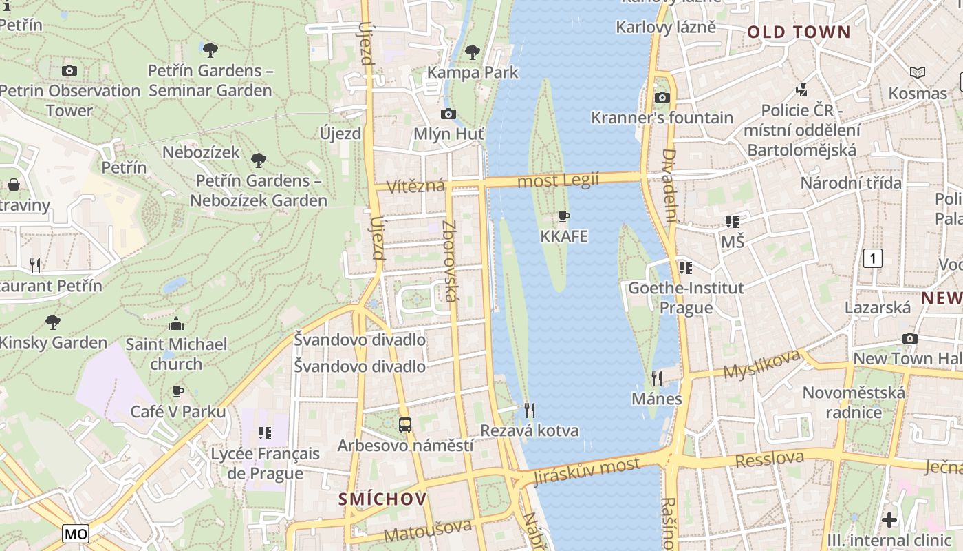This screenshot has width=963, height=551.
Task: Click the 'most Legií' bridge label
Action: coord(558,180)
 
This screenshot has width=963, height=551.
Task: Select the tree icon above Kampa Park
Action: coord(472,51)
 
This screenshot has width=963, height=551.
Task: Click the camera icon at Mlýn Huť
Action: coord(448,114)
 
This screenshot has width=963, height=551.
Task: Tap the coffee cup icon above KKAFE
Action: coord(564,217)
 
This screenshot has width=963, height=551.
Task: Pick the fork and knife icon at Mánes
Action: coord(657,378)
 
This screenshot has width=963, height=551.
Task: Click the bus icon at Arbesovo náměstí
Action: coord(405,425)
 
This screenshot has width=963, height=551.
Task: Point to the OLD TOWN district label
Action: coord(799,32)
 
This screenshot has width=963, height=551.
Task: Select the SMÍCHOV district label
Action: coord(382,499)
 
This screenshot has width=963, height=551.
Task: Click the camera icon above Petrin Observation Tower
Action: coord(69,70)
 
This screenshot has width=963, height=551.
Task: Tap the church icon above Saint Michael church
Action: coord(176,324)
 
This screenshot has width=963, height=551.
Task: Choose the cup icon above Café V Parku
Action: coord(178,391)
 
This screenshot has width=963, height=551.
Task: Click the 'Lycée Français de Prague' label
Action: coord(265,464)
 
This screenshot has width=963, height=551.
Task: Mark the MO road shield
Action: coord(76,533)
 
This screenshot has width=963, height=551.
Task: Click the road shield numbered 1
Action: coord(872,258)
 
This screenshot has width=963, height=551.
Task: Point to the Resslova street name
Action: coord(770,459)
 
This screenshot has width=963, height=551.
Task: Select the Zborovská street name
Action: coord(450,261)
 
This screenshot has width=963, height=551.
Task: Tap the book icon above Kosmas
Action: coord(917,72)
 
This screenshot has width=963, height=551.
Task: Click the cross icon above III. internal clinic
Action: coord(889,519)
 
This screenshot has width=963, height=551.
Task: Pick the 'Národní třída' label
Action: coord(851,183)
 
